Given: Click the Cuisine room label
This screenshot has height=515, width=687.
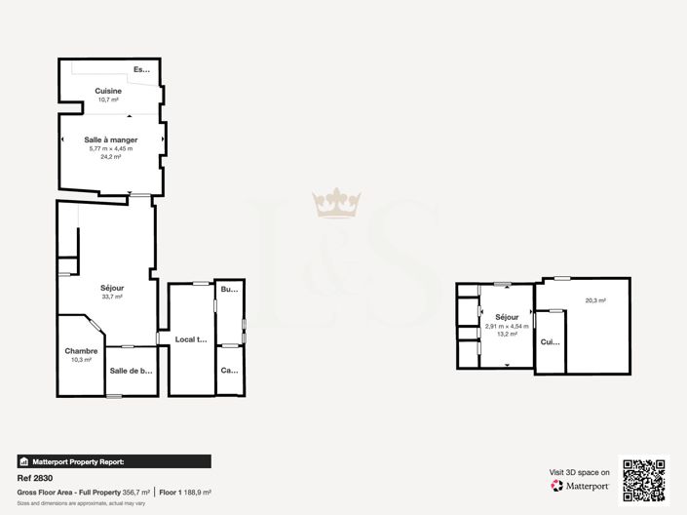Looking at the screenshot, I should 107,91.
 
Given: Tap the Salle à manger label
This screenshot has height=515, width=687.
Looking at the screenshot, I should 110,139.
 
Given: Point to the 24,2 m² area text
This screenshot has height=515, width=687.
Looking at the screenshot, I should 110,156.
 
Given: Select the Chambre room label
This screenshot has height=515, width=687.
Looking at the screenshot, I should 81,351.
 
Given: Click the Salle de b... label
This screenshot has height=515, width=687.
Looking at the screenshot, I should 132,371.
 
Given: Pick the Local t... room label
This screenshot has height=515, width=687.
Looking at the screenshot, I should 191,339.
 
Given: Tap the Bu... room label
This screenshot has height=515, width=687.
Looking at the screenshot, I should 229,290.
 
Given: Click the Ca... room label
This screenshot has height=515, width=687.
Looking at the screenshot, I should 229,371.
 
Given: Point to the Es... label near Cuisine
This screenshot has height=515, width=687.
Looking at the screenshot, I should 143,69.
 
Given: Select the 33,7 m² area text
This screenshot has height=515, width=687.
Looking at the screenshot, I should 112,297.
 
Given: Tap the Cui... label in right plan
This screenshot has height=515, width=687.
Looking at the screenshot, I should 550,342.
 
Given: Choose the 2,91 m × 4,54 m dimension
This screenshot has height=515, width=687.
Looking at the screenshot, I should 507,326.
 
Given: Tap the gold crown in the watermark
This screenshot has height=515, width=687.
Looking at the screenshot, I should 337,203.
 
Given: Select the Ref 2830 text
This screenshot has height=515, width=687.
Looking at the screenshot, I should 35,479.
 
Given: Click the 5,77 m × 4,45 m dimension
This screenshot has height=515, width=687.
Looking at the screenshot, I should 110,148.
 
